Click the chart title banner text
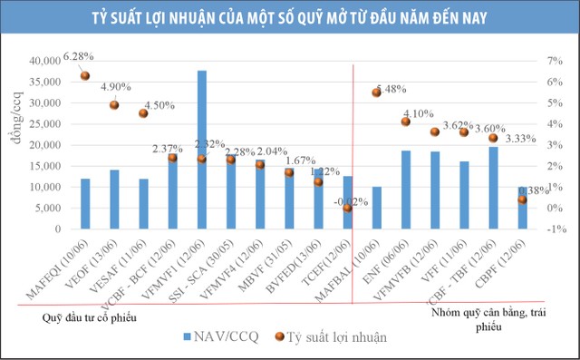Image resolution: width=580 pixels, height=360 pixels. tap(290, 18)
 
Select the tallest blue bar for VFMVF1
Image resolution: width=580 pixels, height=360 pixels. tap(202, 150)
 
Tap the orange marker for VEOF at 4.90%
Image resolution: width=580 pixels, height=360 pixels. tap(115, 105)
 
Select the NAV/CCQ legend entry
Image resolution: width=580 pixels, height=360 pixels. tap(222, 336)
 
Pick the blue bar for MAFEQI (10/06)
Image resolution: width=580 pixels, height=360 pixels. tap(85, 204)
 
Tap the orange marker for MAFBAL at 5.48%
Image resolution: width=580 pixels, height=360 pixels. tap(377, 92)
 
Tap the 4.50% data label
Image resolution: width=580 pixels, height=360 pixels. tap(158, 104)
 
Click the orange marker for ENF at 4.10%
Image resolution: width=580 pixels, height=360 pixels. tap(406, 122)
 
